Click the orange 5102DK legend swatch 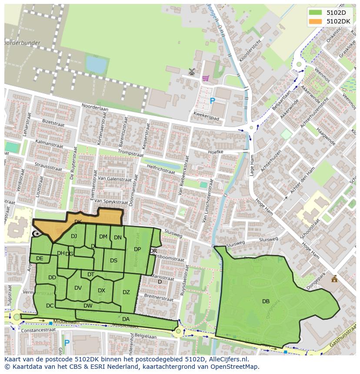point(316,21)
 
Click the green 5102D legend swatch point(316,13)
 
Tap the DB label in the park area point(266,301)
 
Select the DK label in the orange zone point(78,222)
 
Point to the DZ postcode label point(126,292)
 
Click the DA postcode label point(126,319)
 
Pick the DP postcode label point(137,249)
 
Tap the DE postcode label point(40,258)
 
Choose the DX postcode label point(101,291)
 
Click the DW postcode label point(88,306)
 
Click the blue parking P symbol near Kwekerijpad point(212,101)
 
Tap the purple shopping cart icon point(205,78)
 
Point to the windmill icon point(192,71)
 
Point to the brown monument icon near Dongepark point(334,279)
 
